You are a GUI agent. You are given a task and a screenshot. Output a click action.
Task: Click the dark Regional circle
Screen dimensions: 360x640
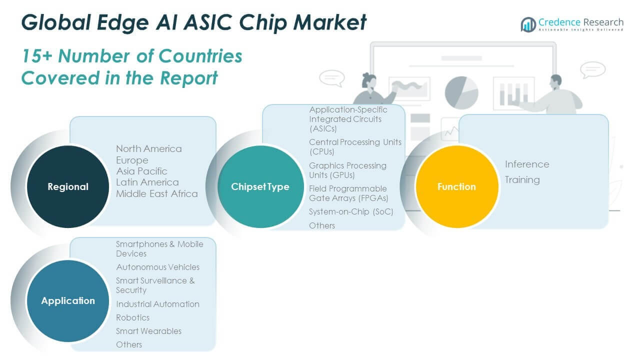tap(67, 186)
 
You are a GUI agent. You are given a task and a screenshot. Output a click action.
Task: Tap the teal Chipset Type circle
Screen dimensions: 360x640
tap(260, 186)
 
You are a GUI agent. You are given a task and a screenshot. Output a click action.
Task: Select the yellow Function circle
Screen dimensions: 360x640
tap(456, 186)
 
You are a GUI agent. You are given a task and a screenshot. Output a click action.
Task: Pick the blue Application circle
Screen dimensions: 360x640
tap(67, 300)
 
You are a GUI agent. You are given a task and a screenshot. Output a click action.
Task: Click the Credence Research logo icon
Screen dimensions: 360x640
tap(528, 24)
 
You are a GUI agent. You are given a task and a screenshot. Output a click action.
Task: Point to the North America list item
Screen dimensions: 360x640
tap(149, 148)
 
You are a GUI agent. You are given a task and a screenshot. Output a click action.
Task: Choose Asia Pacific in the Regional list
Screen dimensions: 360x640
tap(141, 171)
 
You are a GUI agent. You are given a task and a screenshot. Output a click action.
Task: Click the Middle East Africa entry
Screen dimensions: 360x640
tap(157, 193)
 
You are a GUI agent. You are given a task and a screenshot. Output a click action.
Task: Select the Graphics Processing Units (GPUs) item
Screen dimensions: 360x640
tap(347, 170)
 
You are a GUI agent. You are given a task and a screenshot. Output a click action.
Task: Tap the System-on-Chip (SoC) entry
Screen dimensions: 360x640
tap(351, 211)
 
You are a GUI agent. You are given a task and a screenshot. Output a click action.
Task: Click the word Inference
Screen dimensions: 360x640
tap(527, 164)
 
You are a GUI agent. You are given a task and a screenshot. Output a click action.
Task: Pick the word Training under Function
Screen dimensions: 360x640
tap(522, 179)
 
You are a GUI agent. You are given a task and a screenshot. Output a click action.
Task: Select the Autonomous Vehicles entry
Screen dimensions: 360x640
tap(157, 267)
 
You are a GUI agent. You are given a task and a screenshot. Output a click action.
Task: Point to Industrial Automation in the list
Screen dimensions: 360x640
tap(157, 304)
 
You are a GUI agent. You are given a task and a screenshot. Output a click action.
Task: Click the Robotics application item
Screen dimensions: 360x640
tap(132, 317)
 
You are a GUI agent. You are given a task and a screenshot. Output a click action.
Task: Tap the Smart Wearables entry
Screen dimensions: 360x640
tap(148, 331)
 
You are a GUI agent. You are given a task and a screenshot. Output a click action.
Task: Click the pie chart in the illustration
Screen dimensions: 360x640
tap(461, 92)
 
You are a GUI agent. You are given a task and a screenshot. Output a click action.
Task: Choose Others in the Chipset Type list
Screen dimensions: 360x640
tap(322, 225)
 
